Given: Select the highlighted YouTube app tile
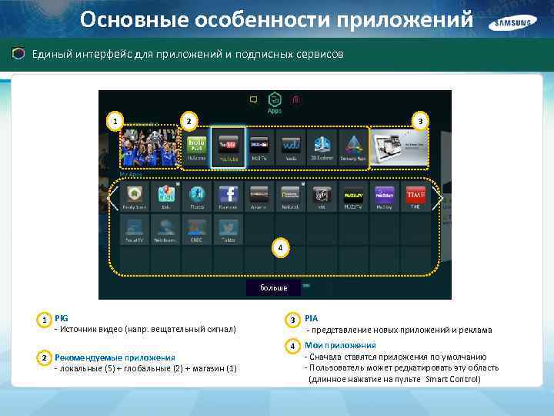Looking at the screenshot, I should coord(229,146).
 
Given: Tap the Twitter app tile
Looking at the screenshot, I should coord(228,229).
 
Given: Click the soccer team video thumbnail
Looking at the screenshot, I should coord(148,146).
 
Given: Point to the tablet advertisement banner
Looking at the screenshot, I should coord(398,146).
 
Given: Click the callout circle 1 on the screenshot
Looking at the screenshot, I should coord(115,121).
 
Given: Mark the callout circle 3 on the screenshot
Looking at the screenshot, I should coord(419,121).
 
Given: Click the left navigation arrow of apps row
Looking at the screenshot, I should coord(112,200).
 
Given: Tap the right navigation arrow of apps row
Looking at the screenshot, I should coord(440,200).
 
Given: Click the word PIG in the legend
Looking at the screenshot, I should coord(62,317).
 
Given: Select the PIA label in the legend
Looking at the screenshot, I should coord(311,317).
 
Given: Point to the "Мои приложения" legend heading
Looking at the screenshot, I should coord(340,345).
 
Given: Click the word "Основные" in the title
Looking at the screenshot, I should coord(124,18).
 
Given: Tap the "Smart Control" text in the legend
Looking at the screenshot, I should coord(455,379).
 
